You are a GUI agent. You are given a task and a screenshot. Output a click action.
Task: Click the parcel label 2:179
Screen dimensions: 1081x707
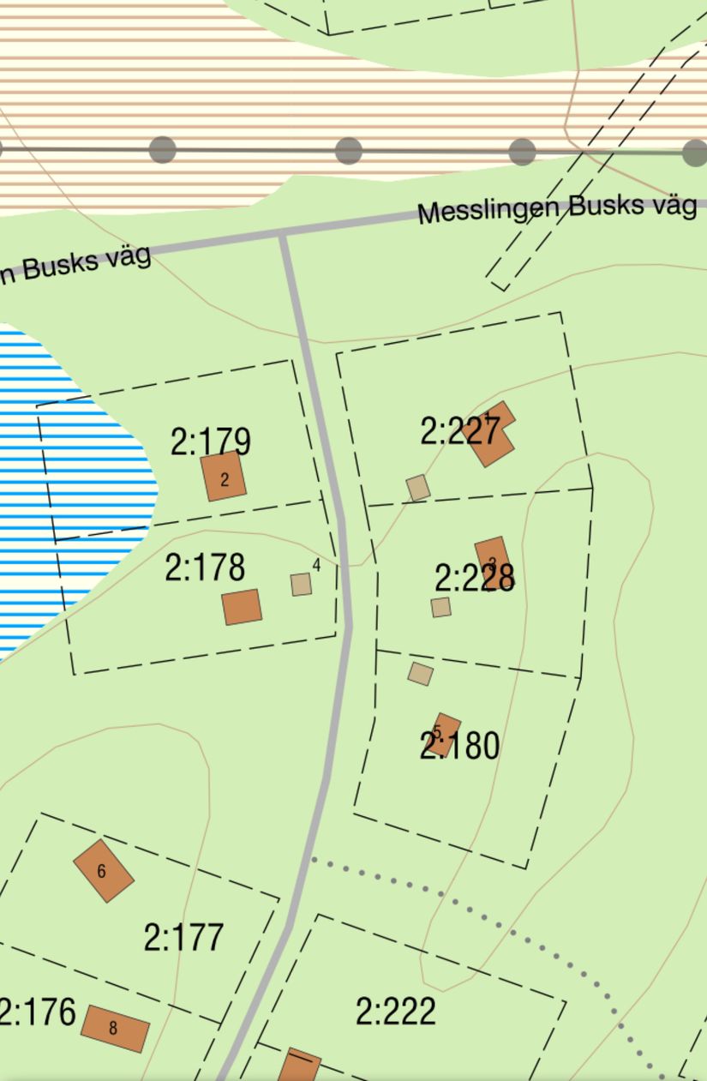click(x=210, y=442)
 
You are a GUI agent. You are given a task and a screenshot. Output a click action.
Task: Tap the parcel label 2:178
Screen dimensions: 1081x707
click(x=205, y=568)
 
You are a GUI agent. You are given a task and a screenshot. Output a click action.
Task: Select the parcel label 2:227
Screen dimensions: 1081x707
click(x=459, y=431)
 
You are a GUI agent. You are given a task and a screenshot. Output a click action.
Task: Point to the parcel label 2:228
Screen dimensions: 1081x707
click(x=474, y=579)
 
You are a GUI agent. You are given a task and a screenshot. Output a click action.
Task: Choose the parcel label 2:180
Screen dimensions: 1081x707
click(x=459, y=746)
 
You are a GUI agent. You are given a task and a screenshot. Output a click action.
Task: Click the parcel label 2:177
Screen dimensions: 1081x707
click(x=183, y=938)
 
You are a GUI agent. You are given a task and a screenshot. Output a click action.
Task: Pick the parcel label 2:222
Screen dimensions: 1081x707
click(x=395, y=1012)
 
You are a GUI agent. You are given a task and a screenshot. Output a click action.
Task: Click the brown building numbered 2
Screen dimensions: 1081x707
click(x=224, y=477)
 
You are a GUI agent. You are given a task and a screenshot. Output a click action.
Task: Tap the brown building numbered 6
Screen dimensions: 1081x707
click(x=104, y=871)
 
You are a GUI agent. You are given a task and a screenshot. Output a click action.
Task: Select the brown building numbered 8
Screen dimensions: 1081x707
click(x=115, y=1028)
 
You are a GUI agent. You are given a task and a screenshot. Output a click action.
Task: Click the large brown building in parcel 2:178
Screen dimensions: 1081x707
click(x=242, y=607)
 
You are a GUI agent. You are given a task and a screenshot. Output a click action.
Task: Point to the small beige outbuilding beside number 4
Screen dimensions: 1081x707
click(x=301, y=585)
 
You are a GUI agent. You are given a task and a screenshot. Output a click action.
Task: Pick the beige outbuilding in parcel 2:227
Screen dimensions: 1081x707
click(x=418, y=488)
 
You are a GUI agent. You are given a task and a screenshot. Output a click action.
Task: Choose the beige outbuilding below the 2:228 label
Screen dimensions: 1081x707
click(x=440, y=608)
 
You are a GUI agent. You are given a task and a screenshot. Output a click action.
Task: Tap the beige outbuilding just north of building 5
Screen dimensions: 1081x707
click(x=420, y=674)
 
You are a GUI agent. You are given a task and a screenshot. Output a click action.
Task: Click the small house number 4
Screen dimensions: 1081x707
click(x=317, y=565)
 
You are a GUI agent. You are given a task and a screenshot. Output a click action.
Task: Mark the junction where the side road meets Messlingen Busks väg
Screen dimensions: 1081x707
click(x=283, y=233)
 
